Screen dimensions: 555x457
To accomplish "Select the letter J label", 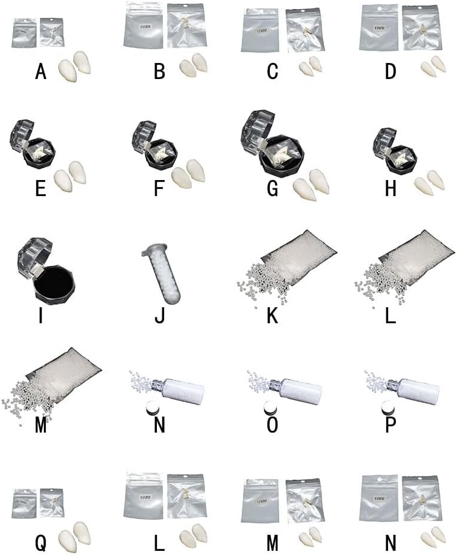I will point(159,315).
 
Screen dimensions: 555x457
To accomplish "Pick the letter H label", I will point(390,188).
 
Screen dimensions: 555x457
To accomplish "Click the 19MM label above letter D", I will point(380,26).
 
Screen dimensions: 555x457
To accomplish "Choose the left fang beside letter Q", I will point(65,539).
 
